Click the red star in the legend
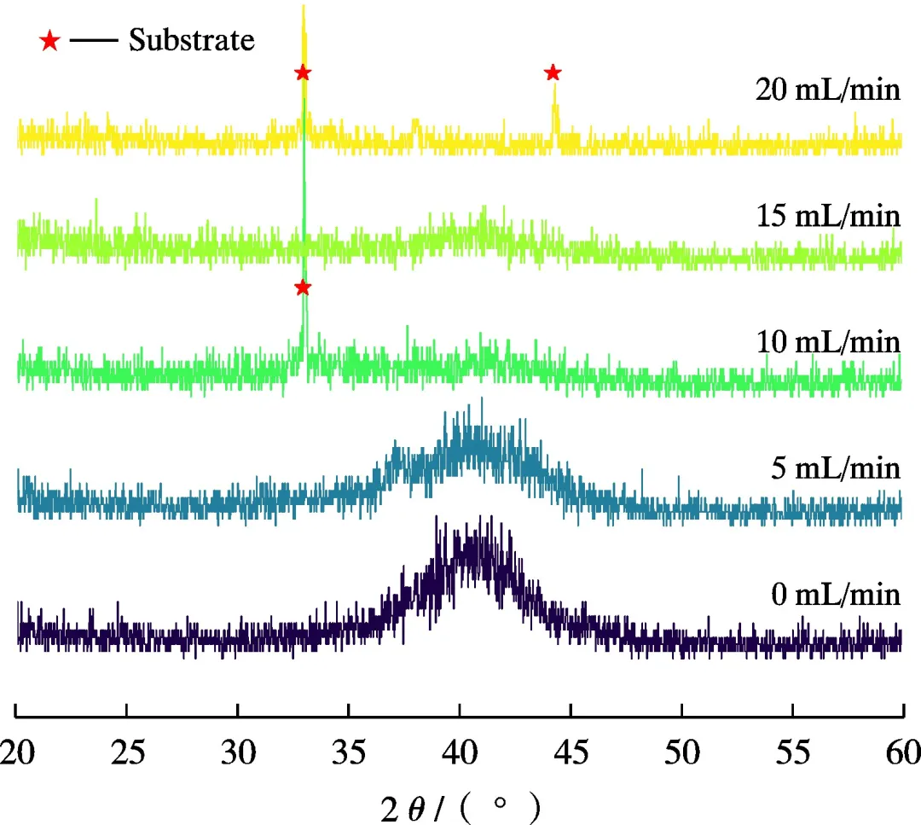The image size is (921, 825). coord(50,40)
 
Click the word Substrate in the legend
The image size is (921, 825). coord(191,39)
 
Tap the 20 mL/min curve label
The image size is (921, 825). coord(827,89)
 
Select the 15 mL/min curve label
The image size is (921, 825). coord(827,216)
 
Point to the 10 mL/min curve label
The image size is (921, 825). coord(827,342)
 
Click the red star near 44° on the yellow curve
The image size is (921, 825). coord(553,73)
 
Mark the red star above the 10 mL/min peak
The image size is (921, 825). coord(302,288)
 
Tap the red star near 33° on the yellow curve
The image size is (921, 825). coord(302,73)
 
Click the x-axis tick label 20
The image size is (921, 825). coord(17,753)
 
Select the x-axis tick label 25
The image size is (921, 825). coord(127,753)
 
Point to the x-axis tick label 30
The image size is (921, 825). coord(238,753)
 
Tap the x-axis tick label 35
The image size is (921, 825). coord(349,753)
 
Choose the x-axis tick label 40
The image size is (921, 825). coord(460,753)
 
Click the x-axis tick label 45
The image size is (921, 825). coord(571,753)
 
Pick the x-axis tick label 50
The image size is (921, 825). coord(681,753)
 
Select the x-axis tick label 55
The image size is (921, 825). coord(792,753)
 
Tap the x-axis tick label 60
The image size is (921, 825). coord(902,753)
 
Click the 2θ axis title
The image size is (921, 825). coord(460,807)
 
